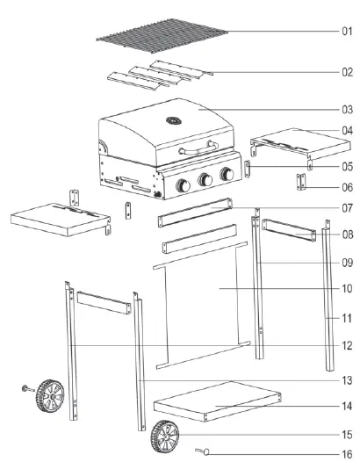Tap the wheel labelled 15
point(162,433)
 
